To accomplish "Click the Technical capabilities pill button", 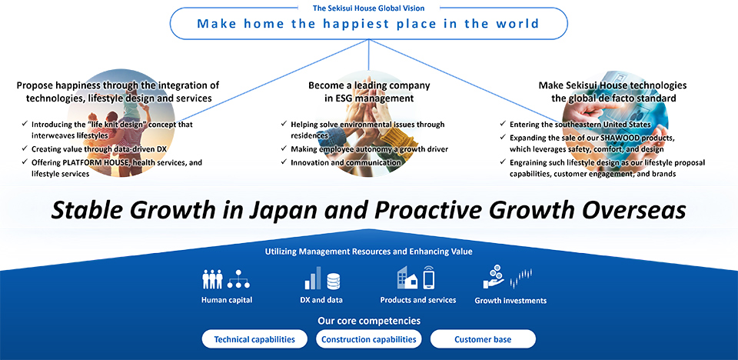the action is click(254, 338).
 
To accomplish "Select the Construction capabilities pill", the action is click(368, 338).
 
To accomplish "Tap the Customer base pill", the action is click(483, 338).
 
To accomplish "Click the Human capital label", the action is click(227, 300).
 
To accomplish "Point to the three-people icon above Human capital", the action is click(212, 279).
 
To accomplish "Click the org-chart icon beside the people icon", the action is click(238, 280).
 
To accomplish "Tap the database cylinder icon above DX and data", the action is click(333, 282).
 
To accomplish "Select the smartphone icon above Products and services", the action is click(428, 277).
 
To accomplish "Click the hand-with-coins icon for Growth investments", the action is click(494, 277).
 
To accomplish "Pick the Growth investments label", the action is click(510, 301).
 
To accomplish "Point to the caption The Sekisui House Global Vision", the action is click(368, 8).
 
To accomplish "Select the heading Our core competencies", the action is click(369, 321).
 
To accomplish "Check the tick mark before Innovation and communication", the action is click(284, 162).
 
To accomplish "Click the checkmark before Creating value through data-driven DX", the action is click(25, 148).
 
